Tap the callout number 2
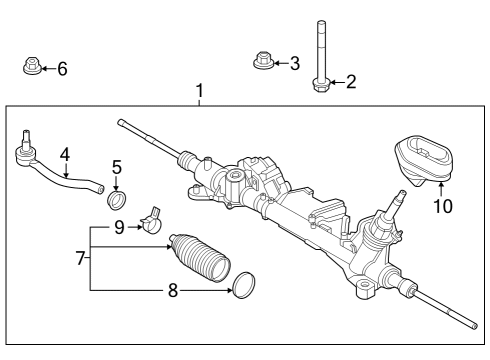coord(350,82)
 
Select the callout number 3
coord(294,64)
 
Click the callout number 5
coord(117,167)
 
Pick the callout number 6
coord(62,69)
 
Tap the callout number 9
coord(120,228)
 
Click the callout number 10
coord(441,207)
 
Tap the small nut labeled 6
coord(31,68)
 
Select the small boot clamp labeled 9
coord(154,220)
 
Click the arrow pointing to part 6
coord(47,69)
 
